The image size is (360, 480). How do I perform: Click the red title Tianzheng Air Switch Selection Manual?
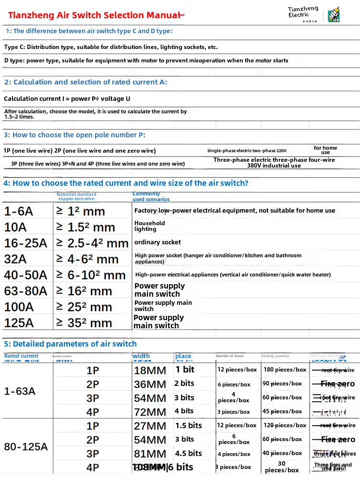point(94,15)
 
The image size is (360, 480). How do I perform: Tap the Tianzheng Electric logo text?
point(303,12)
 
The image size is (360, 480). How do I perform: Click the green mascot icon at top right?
point(334,15)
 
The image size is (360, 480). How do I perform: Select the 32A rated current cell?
point(15,259)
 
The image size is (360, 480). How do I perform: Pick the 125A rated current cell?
point(19,323)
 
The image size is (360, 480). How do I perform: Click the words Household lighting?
point(149,226)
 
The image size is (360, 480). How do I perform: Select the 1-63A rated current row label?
point(20,391)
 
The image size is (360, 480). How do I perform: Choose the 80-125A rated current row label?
point(26,447)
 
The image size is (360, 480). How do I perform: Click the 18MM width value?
point(150,371)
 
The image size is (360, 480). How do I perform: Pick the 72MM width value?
point(150,412)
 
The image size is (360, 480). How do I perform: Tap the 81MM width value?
point(150,454)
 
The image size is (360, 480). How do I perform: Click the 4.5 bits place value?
point(188,454)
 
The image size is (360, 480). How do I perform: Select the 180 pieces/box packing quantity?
point(285,370)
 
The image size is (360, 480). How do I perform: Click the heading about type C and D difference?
point(89,31)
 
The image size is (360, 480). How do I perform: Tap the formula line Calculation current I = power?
point(67,99)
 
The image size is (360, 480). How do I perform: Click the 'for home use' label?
point(325,150)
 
